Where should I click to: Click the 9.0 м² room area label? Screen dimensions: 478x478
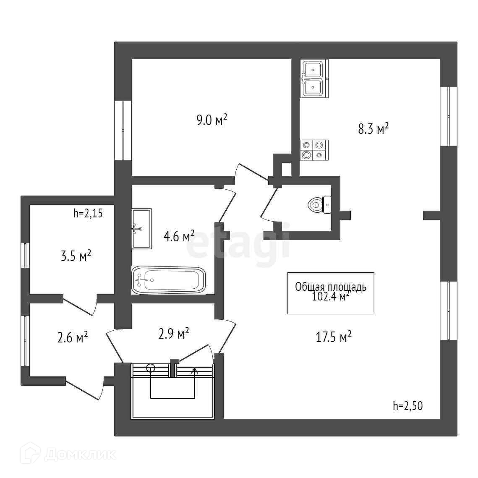click(x=212, y=120)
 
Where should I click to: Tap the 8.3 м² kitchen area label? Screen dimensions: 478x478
click(x=373, y=128)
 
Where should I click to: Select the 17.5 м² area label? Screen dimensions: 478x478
click(x=333, y=337)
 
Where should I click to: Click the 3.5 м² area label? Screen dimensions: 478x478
click(x=76, y=256)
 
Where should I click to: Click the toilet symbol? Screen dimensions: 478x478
click(x=320, y=205)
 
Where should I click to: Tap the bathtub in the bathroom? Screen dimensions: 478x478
click(x=169, y=280)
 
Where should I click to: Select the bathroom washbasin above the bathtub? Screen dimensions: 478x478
click(x=141, y=228)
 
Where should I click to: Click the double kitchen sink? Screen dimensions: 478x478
click(x=313, y=78)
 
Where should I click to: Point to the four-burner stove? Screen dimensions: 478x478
click(x=313, y=150)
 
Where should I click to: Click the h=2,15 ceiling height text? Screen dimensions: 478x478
click(x=88, y=213)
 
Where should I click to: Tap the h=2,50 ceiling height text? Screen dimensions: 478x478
click(x=407, y=405)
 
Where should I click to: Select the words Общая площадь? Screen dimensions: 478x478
click(x=331, y=287)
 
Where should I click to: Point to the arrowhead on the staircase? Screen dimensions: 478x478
click(x=195, y=370)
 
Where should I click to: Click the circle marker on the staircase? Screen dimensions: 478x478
click(x=151, y=368)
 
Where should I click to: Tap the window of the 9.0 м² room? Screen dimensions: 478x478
click(x=123, y=131)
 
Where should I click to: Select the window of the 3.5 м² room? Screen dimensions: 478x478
click(x=25, y=255)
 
